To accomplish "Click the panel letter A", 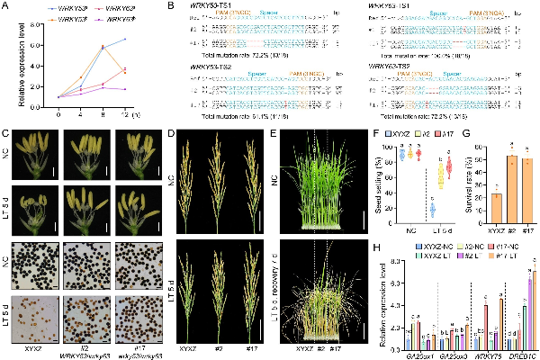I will [x=6, y=6].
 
